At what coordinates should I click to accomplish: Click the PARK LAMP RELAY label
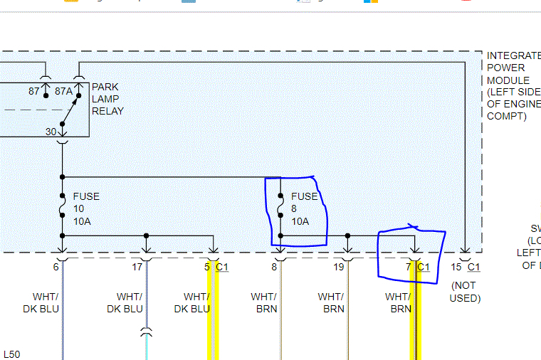pos(107,99)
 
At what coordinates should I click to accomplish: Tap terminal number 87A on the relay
pos(63,91)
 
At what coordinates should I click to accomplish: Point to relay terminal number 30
pos(51,132)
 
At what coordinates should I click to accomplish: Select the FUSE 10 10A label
pos(86,208)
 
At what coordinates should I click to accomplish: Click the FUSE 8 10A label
pos(305,208)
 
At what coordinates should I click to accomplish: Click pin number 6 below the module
pos(56,267)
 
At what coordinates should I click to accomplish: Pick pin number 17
pos(137,267)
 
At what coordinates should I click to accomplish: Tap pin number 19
pos(339,267)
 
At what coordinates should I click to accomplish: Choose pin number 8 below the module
pos(273,267)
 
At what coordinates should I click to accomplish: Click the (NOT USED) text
pos(465,292)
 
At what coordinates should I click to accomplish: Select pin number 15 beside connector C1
pos(456,267)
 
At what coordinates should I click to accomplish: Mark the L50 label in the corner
pos(12,354)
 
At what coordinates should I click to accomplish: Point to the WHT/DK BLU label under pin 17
pos(125,302)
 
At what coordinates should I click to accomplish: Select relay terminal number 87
pos(34,91)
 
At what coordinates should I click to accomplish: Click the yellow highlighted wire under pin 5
pos(211,320)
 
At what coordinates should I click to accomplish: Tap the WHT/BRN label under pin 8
pos(264,302)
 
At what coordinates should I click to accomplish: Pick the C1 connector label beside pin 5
pos(222,267)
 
